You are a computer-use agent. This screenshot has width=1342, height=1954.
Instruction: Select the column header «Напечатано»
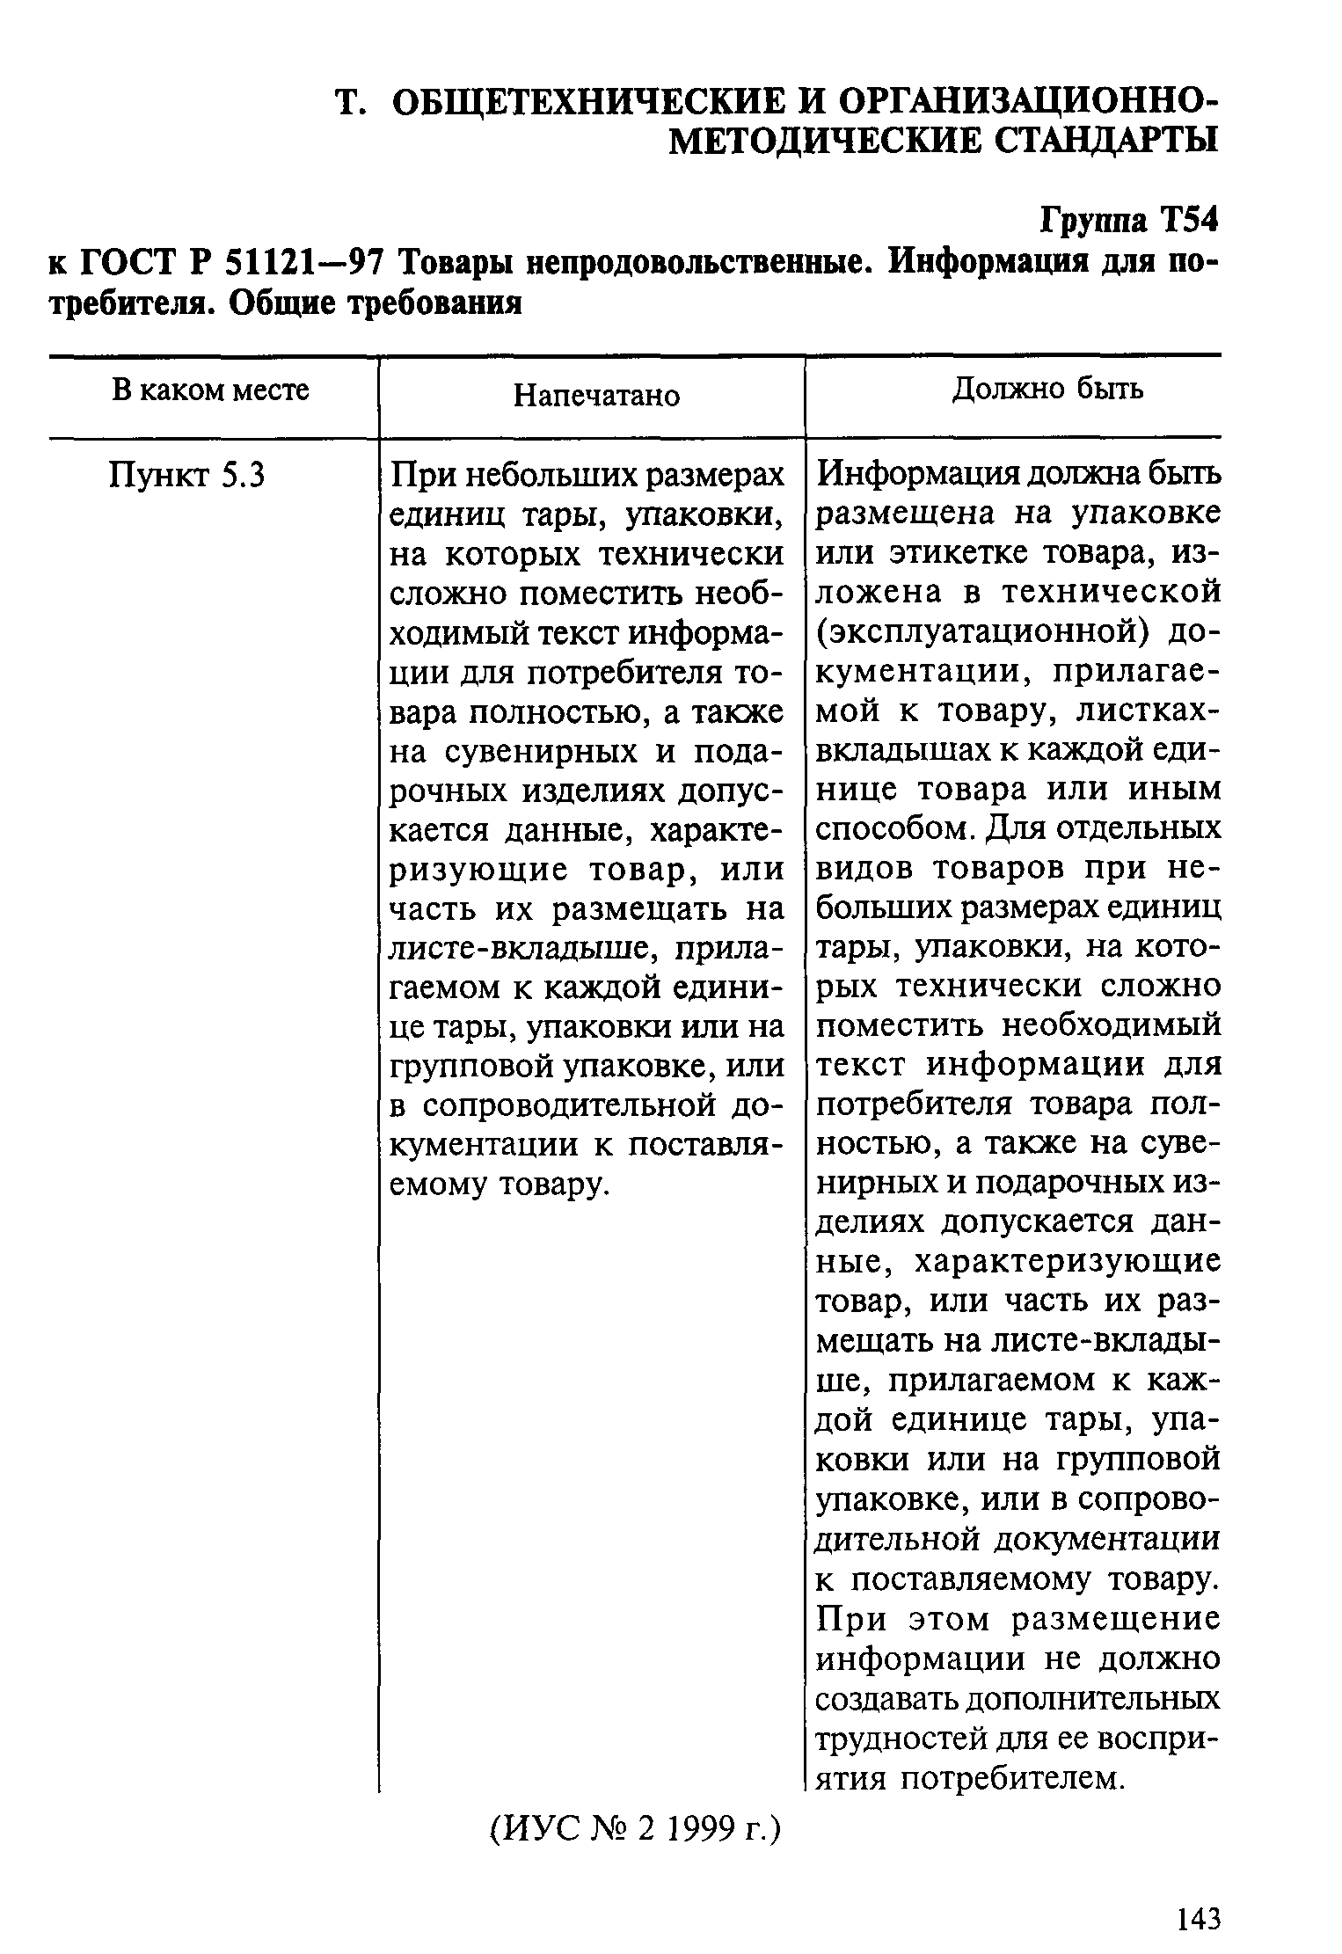point(596,396)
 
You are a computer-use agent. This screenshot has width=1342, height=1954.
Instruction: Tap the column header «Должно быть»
point(1047,389)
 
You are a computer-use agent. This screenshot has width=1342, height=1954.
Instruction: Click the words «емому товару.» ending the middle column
point(500,1185)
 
